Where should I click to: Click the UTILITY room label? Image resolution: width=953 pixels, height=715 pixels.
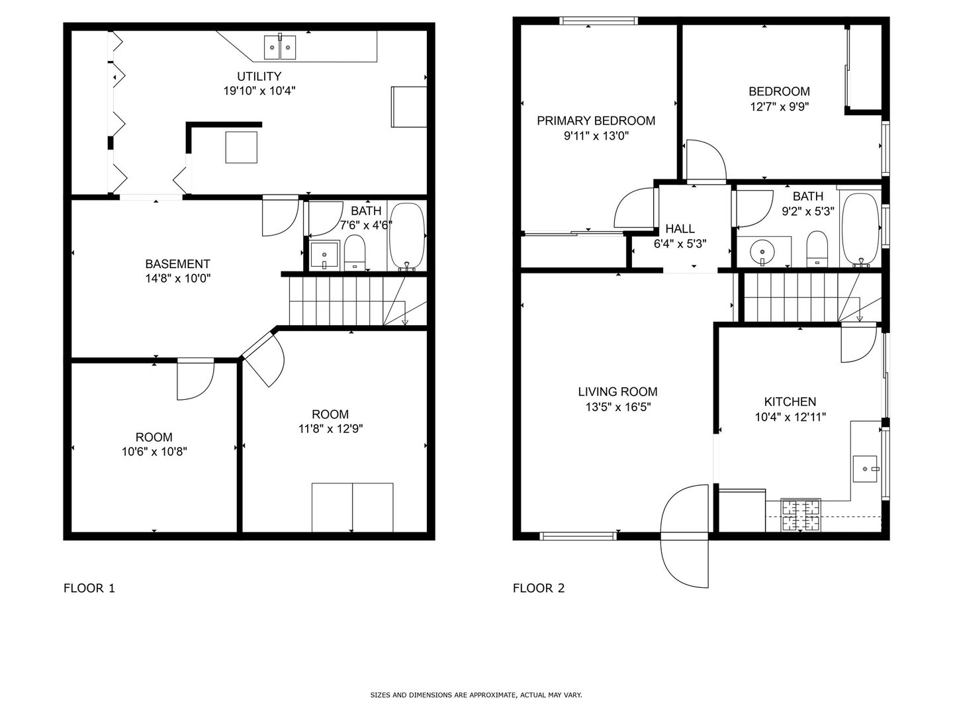259,76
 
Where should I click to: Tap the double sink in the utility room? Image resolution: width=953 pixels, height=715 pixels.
280,47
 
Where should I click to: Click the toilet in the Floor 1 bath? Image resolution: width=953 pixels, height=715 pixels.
355,252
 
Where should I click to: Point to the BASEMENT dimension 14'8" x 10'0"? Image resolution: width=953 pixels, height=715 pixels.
178,279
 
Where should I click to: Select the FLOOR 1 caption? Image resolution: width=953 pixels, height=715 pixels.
89,588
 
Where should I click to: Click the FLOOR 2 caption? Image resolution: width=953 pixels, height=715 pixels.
539,588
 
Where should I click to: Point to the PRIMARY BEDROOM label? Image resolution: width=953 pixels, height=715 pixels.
596,120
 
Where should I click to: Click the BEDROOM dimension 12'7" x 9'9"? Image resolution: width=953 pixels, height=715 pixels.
779,106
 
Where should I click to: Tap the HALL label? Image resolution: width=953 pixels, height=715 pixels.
680,229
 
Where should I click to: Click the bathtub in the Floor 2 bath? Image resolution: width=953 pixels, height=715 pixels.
860,229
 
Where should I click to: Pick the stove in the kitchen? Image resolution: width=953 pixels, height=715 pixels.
801,515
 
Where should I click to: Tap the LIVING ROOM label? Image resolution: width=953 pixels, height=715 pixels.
617,392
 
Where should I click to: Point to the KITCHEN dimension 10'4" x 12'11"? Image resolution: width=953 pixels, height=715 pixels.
790,416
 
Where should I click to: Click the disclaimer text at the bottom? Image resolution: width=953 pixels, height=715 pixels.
476,695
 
